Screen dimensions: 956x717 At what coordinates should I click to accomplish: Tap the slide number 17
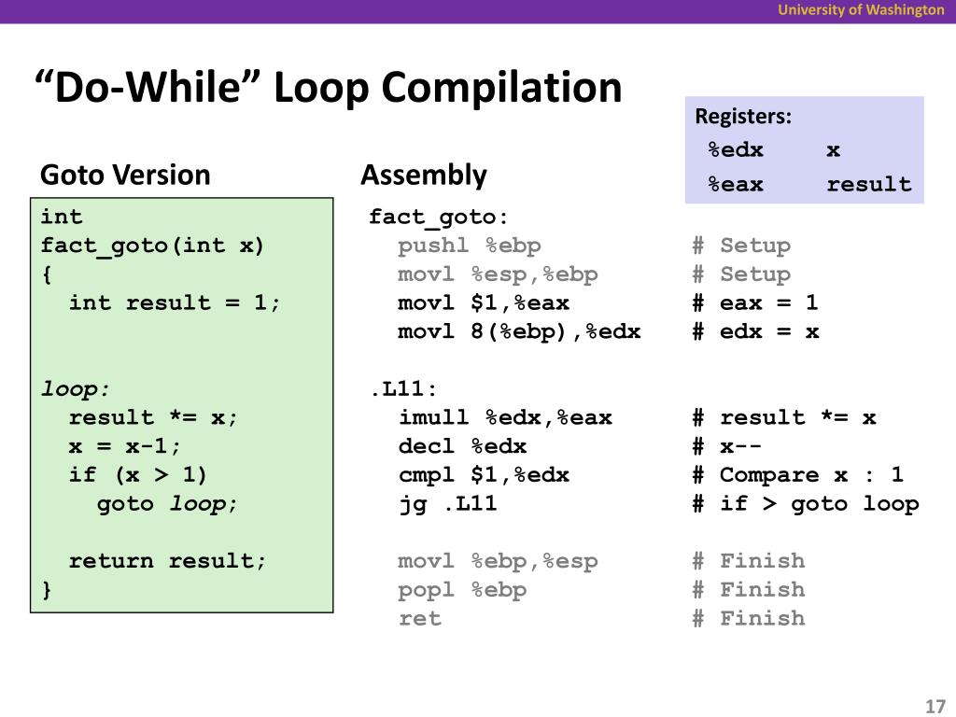pyautogui.click(x=935, y=706)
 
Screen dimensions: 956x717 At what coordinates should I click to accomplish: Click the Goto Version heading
pyautogui.click(x=125, y=175)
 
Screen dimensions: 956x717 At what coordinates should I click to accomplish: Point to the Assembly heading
pyautogui.click(x=424, y=175)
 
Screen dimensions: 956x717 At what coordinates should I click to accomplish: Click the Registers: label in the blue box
pyautogui.click(x=743, y=117)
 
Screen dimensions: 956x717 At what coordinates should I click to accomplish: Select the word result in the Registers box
pyautogui.click(x=868, y=184)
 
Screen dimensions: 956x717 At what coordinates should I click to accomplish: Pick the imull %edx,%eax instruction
pyautogui.click(x=505, y=417)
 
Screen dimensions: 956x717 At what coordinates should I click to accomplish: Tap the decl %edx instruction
pyautogui.click(x=462, y=446)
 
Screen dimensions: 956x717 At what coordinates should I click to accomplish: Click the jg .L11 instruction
pyautogui.click(x=447, y=504)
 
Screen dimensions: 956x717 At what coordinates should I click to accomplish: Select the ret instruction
pyautogui.click(x=419, y=618)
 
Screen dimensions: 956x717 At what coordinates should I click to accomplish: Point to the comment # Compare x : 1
pyautogui.click(x=797, y=475)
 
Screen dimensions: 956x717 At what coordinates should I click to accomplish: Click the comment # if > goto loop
pyautogui.click(x=805, y=504)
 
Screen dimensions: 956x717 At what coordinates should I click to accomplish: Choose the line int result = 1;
pyautogui.click(x=175, y=302)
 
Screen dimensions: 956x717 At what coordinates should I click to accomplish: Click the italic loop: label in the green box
pyautogui.click(x=76, y=389)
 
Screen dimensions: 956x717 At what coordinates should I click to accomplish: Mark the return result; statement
pyautogui.click(x=167, y=561)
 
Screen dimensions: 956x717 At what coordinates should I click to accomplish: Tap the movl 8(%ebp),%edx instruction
pyautogui.click(x=519, y=331)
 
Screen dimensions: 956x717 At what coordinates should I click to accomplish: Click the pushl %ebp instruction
pyautogui.click(x=469, y=246)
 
